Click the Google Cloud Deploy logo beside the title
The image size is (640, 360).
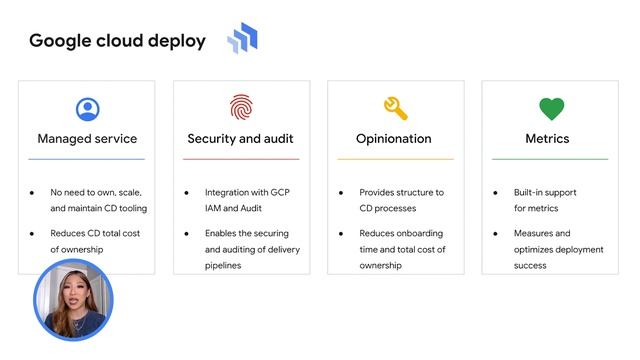pos(243,39)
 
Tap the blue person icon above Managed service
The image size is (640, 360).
pos(87,108)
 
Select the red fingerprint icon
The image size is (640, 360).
pos(242,108)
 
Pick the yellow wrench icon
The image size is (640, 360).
pos(396,108)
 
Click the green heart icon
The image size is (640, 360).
pos(551,108)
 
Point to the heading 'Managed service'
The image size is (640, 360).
pos(87,139)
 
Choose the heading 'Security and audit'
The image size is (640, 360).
pos(241,139)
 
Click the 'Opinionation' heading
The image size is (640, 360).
pos(394,139)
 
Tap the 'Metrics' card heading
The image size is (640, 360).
pos(547,139)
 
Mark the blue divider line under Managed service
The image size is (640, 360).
pos(87,159)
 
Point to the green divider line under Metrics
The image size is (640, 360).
pos(550,159)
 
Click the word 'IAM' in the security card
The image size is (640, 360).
pos(216,208)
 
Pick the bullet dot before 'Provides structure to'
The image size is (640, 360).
pos(340,192)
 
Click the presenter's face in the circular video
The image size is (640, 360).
pos(73,297)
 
